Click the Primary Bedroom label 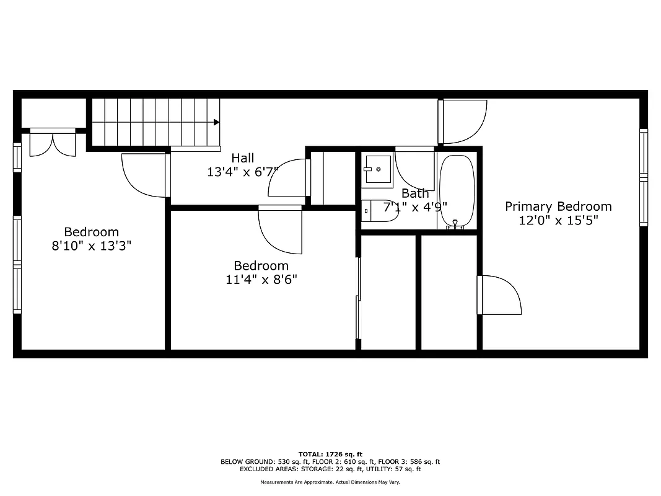coord(558,206)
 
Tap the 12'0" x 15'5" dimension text coord(558,220)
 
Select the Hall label coord(243,158)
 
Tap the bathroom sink coord(377,170)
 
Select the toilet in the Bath coord(379,211)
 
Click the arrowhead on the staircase coord(216,122)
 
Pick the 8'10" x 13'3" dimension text coord(91,246)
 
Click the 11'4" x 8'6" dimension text coord(261,279)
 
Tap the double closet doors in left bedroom coord(53,143)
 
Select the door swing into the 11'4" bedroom coord(279,231)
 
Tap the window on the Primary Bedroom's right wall coord(644,178)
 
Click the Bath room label coord(414,193)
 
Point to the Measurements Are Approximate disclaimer coord(330,482)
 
